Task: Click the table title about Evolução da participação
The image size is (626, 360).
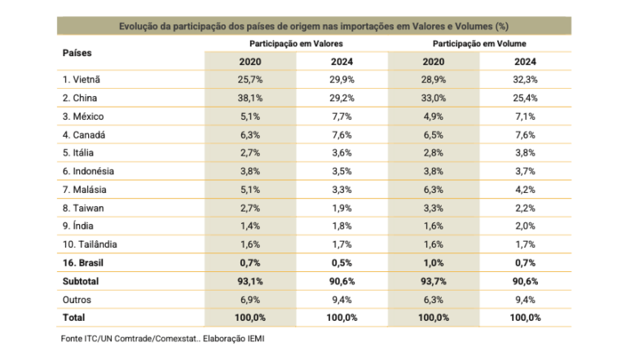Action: pos(314,26)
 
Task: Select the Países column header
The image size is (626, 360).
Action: pos(77,52)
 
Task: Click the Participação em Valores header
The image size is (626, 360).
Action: pos(296,42)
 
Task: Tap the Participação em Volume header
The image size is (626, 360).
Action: pos(479,42)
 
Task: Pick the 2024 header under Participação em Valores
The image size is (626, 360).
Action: pos(342,61)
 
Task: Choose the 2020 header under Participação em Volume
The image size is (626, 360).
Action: pos(434,61)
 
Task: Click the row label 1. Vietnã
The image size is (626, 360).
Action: pos(86,80)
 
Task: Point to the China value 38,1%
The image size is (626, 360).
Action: pos(249,99)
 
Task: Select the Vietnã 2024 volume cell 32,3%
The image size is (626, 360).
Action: pos(526,80)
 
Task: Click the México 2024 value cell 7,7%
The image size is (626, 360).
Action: pos(342,116)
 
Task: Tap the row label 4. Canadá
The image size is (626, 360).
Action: pos(86,135)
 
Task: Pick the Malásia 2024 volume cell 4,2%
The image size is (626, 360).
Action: pos(526,190)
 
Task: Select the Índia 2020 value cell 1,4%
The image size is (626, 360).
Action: pos(249,226)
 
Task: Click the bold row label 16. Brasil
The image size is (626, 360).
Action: pos(86,263)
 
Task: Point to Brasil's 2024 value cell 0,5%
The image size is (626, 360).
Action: pos(342,263)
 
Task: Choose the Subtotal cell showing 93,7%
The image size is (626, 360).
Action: pos(434,282)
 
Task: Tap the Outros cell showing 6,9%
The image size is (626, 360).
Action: pos(249,300)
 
